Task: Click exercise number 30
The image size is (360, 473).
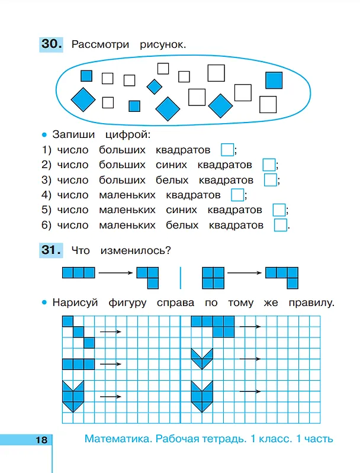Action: [x=52, y=44]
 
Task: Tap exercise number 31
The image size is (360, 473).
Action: [x=51, y=250]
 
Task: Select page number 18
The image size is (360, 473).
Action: [x=41, y=440]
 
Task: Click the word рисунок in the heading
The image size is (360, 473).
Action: [x=163, y=44]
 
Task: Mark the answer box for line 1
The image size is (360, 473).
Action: [x=227, y=150]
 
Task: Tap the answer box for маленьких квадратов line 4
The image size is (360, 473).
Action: [x=237, y=195]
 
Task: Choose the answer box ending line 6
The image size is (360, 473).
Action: [x=280, y=225]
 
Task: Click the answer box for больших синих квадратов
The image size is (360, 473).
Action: [x=269, y=165]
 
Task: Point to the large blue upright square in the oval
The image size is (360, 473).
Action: [x=274, y=81]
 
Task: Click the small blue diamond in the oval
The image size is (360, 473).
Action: [x=154, y=87]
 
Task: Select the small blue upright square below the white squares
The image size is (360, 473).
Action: [x=134, y=106]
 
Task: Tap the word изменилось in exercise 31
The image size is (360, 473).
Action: [x=136, y=250]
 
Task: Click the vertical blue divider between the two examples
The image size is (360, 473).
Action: [x=181, y=278]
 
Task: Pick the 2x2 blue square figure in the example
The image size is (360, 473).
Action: [x=213, y=278]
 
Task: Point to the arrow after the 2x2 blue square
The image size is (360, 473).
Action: [x=245, y=273]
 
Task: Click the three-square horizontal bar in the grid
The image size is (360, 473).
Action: [x=79, y=364]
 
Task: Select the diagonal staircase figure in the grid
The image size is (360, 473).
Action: [x=79, y=332]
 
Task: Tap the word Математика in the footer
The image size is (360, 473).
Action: [x=118, y=439]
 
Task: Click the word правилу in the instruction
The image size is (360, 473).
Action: [x=311, y=303]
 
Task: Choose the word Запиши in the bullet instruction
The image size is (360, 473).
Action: [x=73, y=134]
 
